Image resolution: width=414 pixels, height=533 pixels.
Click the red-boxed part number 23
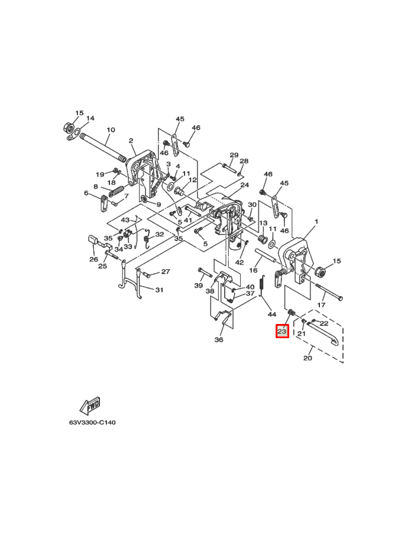[282, 330]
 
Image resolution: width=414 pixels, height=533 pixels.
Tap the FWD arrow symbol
[90, 406]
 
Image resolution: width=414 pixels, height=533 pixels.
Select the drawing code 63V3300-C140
[92, 422]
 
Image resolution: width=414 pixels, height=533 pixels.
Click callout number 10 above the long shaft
[111, 130]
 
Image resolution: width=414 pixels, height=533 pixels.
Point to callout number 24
[245, 185]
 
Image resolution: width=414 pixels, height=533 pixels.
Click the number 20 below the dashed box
[308, 358]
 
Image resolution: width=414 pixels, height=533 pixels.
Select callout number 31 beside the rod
[159, 290]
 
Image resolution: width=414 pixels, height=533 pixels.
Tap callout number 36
[219, 339]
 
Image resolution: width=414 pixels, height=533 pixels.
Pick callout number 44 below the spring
[272, 314]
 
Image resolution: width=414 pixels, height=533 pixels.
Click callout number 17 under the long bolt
[321, 305]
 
